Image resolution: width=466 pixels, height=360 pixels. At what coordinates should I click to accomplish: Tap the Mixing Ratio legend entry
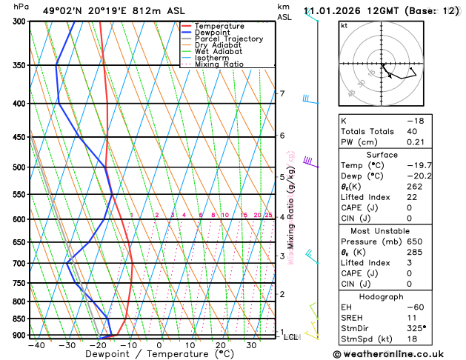point(219,64)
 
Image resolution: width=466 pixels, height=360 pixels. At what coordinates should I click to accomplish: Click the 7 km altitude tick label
point(282,93)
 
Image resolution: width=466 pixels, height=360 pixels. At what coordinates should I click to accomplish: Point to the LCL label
point(291,337)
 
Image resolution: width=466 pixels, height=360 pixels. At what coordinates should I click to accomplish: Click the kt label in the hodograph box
point(344,26)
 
